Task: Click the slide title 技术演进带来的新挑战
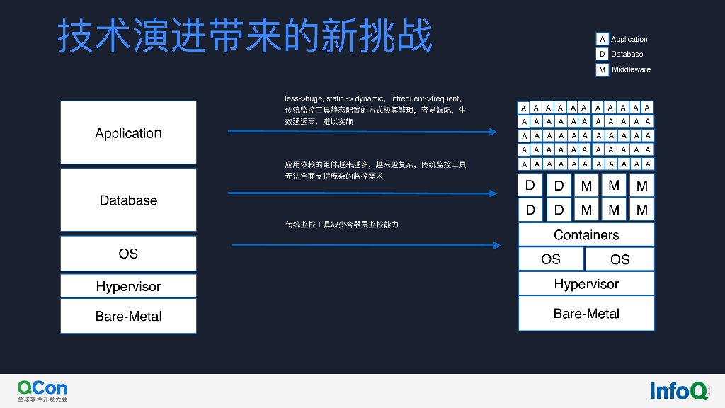point(244,35)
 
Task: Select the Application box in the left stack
point(128,132)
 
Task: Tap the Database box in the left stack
point(128,200)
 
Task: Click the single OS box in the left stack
point(128,253)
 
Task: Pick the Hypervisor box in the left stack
point(128,286)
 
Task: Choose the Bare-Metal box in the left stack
point(128,316)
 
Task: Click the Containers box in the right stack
point(586,234)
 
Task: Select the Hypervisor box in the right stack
point(586,284)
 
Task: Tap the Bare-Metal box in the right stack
point(586,313)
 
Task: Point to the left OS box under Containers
point(551,259)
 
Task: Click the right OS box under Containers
point(620,259)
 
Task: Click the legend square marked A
point(602,39)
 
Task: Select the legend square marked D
point(602,54)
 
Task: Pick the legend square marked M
point(602,69)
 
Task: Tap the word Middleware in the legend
point(631,69)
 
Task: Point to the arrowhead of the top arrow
point(494,132)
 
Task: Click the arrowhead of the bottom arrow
point(498,245)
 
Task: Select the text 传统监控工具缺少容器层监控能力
point(342,225)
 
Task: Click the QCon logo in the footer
point(42,390)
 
